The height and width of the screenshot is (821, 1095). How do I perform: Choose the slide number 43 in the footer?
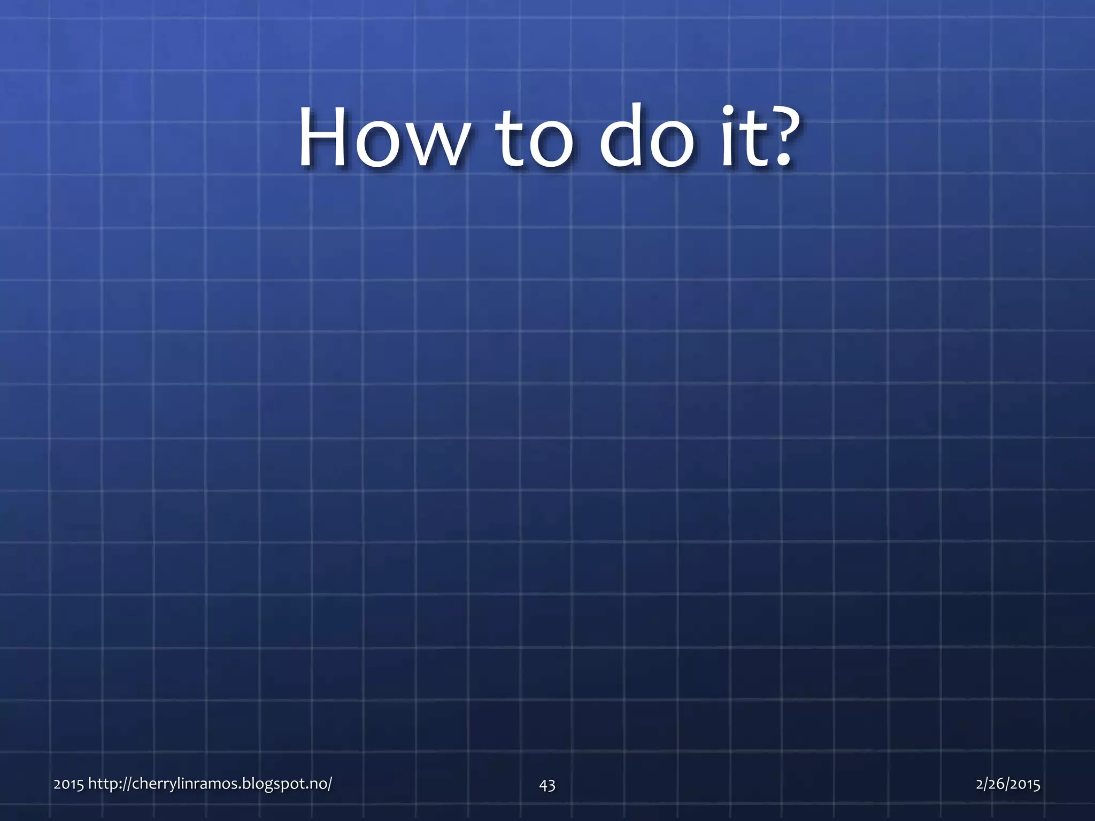coord(547,785)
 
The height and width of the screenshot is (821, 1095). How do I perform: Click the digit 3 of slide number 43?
coord(551,785)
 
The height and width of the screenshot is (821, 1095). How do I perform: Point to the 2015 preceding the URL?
coord(68,784)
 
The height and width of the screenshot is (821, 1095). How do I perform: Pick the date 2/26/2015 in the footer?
coord(1008,784)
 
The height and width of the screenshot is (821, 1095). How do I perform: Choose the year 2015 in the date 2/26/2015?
coord(1024,784)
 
